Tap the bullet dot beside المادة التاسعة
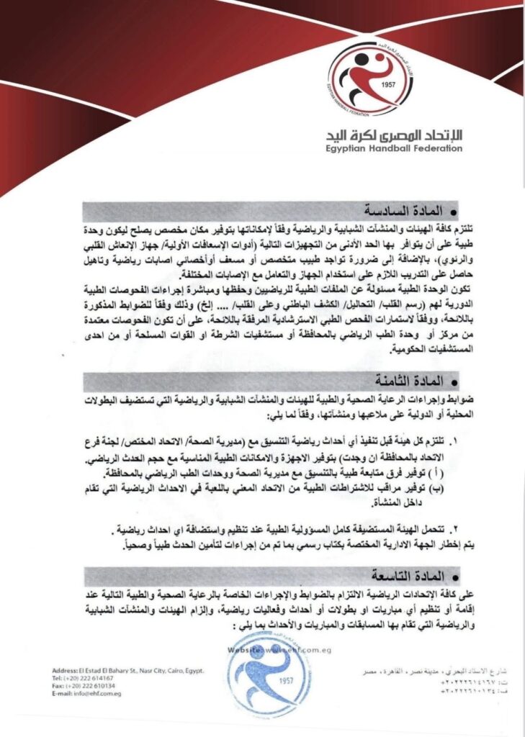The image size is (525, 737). pos(453,578)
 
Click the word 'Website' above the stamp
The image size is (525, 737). pos(244,649)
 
